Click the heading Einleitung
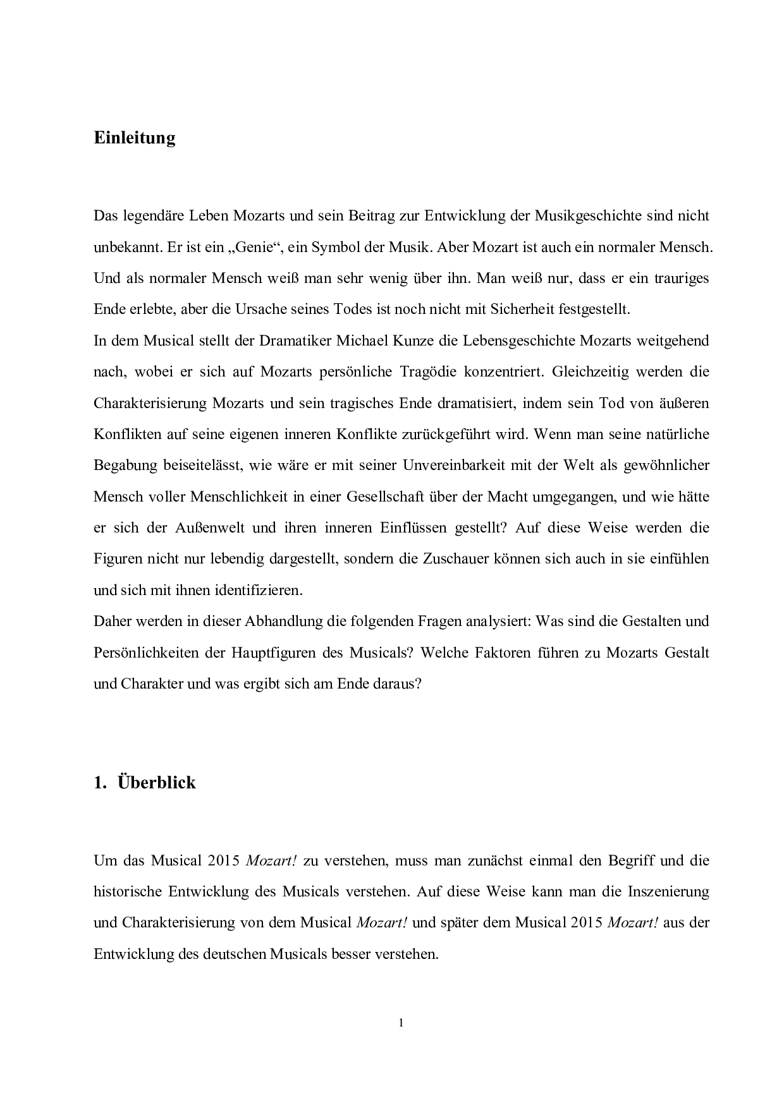coord(134,138)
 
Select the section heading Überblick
coord(157,783)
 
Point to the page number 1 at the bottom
coord(401,1023)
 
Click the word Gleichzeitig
coord(591,371)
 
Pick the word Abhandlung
coord(272,621)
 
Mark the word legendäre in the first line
coord(155,216)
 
